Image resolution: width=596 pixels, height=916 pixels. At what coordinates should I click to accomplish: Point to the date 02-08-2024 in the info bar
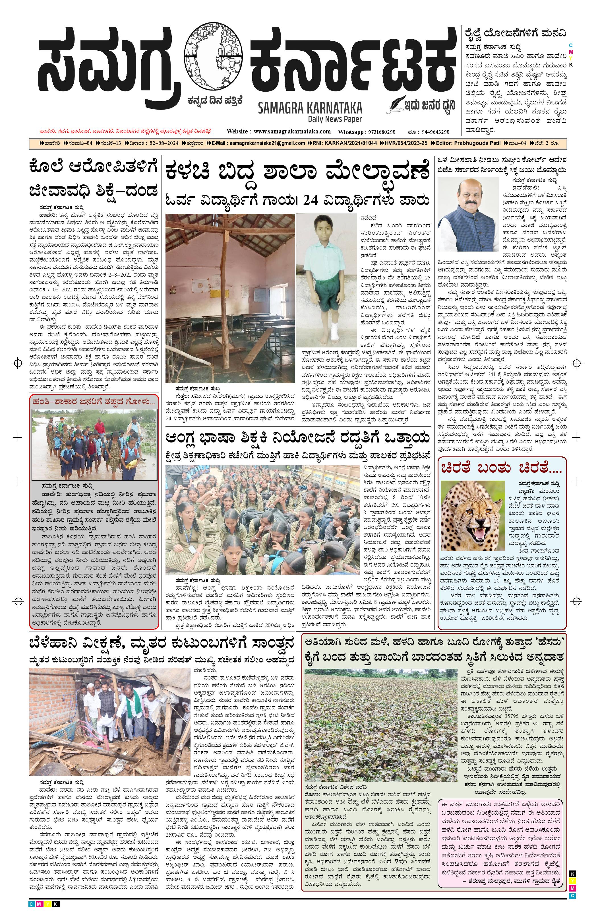(169, 143)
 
